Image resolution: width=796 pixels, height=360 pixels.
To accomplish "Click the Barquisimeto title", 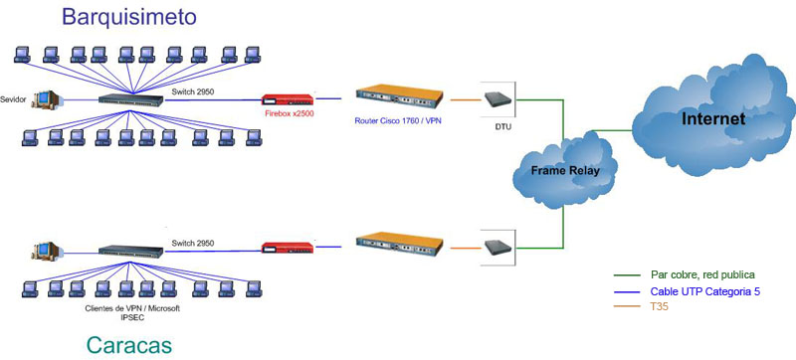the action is (x=129, y=16).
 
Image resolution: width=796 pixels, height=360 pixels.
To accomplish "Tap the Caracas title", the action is (x=129, y=345).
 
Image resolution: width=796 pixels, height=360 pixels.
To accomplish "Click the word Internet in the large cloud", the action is (x=713, y=118).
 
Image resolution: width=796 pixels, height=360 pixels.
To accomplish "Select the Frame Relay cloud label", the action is (x=565, y=170).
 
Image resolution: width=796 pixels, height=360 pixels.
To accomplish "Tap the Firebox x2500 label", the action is (x=290, y=113).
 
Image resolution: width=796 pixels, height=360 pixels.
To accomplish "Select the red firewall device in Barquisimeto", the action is (x=288, y=99).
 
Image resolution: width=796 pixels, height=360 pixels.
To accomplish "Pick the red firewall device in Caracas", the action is (x=288, y=248).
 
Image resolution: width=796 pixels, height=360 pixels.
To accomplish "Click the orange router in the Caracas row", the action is (x=399, y=244).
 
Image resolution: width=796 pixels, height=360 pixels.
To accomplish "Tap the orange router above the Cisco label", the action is (x=399, y=95).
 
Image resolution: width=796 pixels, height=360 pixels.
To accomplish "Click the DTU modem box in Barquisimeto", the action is (x=497, y=99).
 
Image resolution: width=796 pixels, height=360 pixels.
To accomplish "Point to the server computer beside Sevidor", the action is (x=45, y=99).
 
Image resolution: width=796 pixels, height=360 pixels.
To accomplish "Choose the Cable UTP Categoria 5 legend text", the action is (x=705, y=291).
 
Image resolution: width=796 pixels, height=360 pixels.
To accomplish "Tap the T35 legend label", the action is (x=659, y=306).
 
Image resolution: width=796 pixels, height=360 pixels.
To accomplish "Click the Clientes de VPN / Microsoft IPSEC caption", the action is (x=132, y=313).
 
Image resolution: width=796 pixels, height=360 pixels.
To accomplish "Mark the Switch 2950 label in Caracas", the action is (x=193, y=244).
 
